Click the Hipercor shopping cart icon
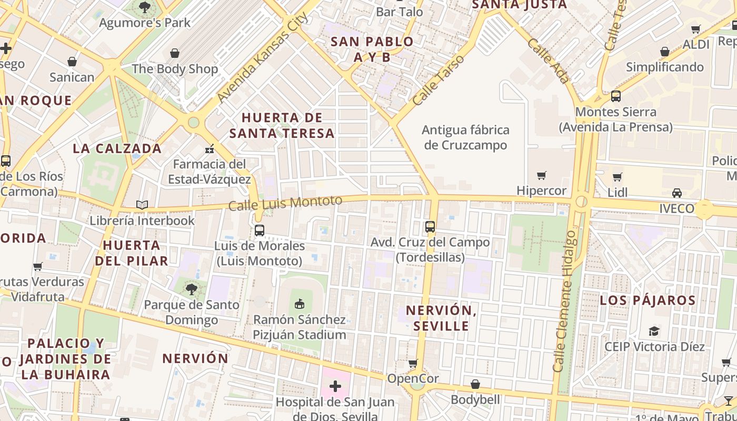point(541,175)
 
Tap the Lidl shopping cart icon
point(618,177)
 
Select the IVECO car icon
point(677,193)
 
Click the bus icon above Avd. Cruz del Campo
point(430,227)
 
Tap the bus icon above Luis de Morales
point(259,230)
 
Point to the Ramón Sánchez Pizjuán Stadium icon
point(300,304)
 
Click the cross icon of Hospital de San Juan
point(335,387)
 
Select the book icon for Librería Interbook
point(142,205)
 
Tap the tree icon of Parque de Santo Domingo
point(192,288)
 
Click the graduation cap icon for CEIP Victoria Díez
point(654,331)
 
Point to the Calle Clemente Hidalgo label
point(564,301)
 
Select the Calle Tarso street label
point(439,79)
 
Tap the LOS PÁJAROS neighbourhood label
point(648,300)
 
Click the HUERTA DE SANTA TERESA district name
point(282,125)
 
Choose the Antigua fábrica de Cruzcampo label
point(465,137)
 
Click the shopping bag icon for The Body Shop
point(175,53)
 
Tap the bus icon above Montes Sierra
point(615,96)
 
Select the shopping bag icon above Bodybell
point(475,384)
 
